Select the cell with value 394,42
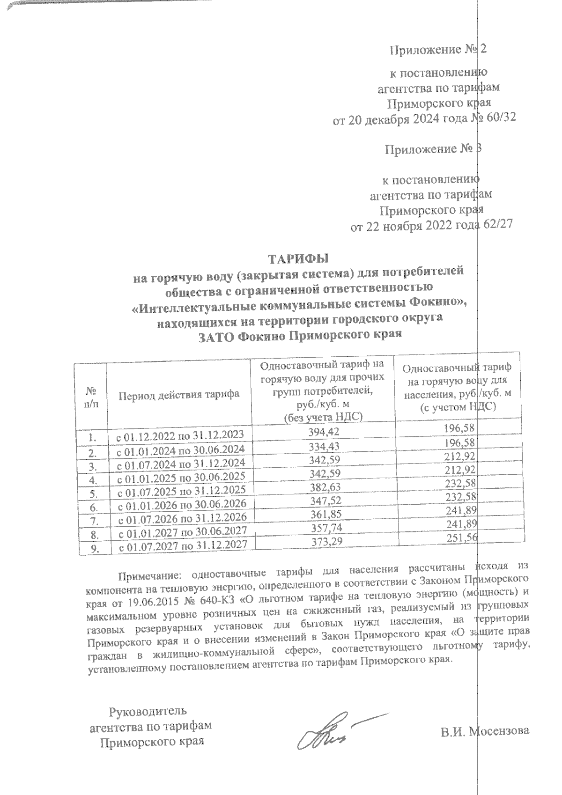(x=324, y=431)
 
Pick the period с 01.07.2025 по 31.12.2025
(x=181, y=490)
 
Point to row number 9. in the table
(x=95, y=549)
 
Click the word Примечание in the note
(x=151, y=573)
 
